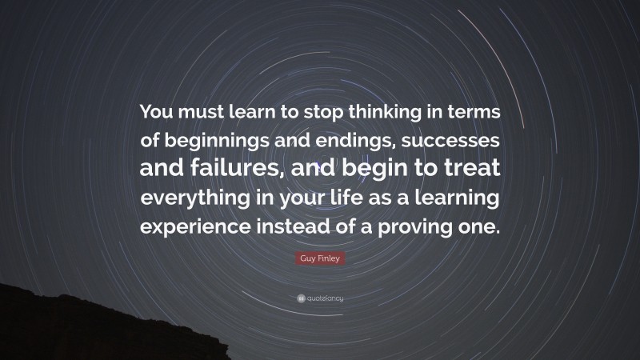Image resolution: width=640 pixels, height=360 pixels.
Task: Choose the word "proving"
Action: (426, 226)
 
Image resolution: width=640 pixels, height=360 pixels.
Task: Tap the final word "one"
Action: (483, 226)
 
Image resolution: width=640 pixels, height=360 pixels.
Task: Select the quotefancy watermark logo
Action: (320, 298)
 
